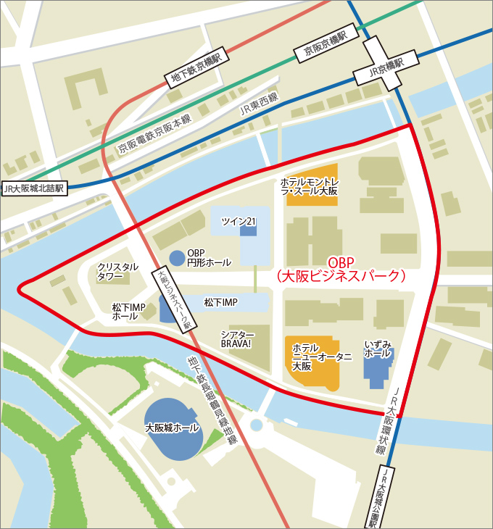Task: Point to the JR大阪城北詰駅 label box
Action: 34,188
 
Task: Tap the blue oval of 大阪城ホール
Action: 173,429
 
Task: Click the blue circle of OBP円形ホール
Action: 177,257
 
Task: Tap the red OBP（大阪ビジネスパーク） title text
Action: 341,269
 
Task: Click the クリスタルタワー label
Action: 117,272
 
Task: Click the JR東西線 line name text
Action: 259,106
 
